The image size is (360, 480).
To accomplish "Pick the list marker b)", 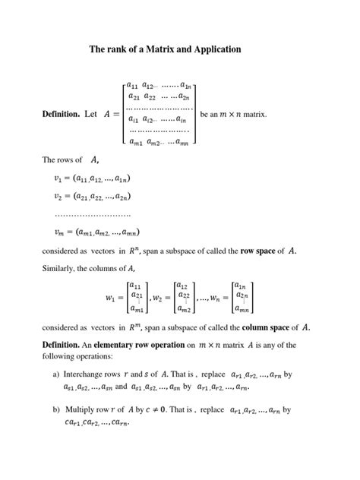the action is [x=56, y=410].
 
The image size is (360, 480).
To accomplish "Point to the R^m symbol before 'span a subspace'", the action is [x=137, y=327].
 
